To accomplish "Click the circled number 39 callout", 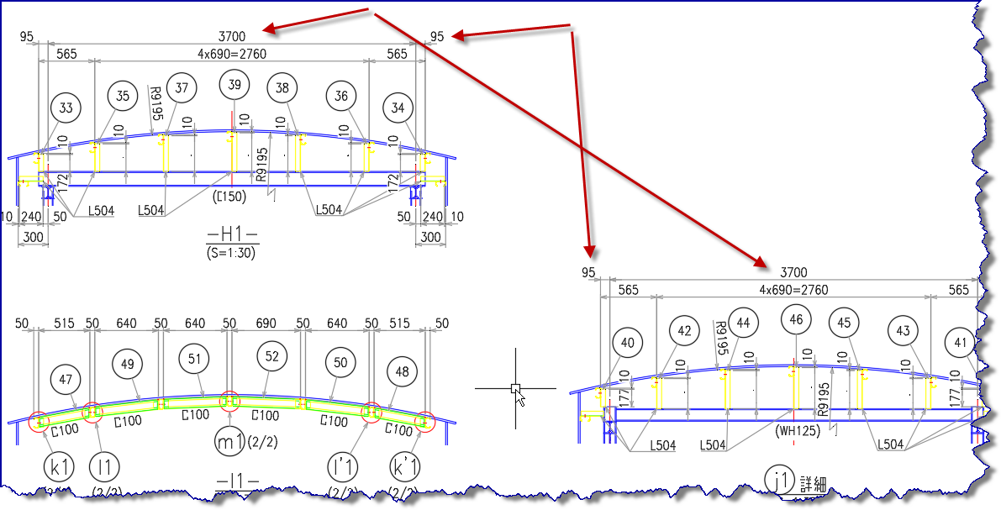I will pyautogui.click(x=234, y=85).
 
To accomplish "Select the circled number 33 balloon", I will pyautogui.click(x=66, y=108).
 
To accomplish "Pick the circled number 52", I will pyautogui.click(x=271, y=356).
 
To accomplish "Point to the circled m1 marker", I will pyautogui.click(x=228, y=443).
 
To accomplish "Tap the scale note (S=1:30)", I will pyautogui.click(x=230, y=252).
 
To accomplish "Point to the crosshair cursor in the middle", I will pyautogui.click(x=515, y=388).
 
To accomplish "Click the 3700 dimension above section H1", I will pyautogui.click(x=231, y=36).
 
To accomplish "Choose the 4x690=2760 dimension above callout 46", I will pyautogui.click(x=793, y=290).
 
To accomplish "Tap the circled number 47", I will pyautogui.click(x=66, y=379).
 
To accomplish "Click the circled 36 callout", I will pyautogui.click(x=340, y=97).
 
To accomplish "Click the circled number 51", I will pyautogui.click(x=194, y=358).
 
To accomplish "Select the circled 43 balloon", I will pyautogui.click(x=903, y=331).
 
